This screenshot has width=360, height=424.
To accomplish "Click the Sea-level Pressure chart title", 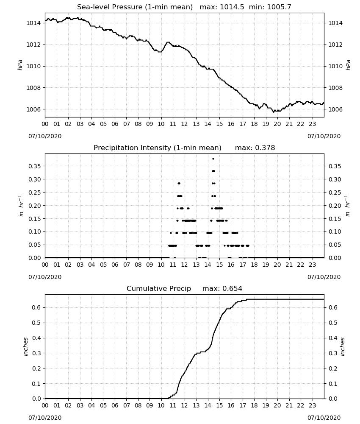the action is pos(184,7).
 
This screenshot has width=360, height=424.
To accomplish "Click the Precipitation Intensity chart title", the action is pos(184,148).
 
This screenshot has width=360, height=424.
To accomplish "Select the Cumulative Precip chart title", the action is pos(184,288).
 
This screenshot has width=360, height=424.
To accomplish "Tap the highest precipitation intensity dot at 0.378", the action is pos(213,159).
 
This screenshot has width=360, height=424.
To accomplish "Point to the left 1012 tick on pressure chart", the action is pos(33,45).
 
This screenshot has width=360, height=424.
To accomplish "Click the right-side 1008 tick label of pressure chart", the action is pos(335,88).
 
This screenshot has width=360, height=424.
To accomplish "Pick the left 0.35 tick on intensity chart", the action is pos(35,166).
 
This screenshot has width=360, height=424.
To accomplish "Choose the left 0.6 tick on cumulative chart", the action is pos(36,307).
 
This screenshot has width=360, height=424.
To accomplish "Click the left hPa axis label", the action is pos(20,65).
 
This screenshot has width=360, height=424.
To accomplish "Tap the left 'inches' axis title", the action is pos(25,346).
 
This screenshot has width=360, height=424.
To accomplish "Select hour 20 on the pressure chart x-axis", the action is pos(277,124).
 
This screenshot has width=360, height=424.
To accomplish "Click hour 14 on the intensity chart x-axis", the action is pos(208,265).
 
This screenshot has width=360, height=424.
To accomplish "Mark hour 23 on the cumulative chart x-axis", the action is pos(312,405).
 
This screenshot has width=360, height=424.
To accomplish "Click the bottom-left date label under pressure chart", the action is pos(45,136).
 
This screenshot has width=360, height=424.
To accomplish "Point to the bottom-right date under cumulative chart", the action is pos(324,418).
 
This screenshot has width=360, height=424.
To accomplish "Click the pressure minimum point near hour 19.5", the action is pos(273,112).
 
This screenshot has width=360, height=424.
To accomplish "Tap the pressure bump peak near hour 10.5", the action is pos(168,42).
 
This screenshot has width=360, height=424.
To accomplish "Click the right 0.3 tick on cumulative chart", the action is pos(333,353).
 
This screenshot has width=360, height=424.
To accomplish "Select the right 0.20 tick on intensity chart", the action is pos(335,206).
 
